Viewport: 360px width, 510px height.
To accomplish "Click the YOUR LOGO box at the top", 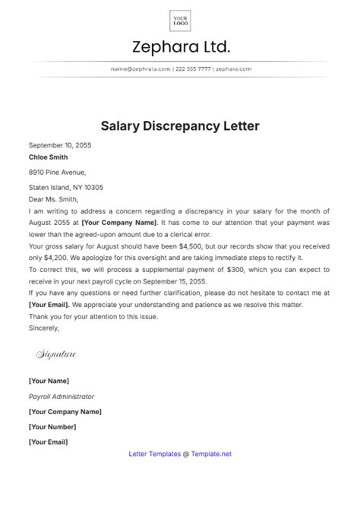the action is pos(180,20).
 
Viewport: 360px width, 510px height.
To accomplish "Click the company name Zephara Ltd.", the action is pos(180,47).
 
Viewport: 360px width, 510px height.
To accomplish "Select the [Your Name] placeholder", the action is pos(49,381).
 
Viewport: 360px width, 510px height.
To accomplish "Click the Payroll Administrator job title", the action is pos(62,396).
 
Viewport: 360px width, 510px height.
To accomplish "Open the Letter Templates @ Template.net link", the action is pos(180,454).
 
